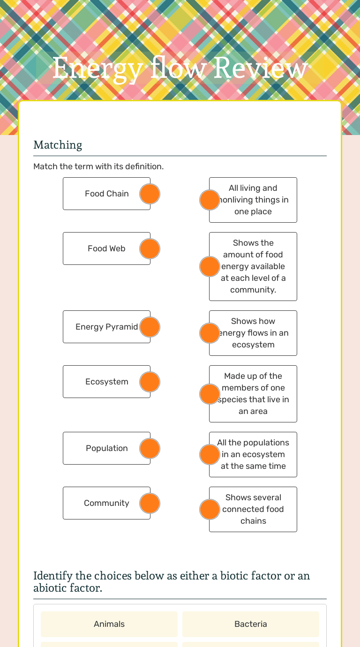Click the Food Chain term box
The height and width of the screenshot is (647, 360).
106,194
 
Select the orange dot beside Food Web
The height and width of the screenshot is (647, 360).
150,249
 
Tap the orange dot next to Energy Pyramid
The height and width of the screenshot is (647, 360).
150,327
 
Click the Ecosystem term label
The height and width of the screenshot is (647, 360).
106,382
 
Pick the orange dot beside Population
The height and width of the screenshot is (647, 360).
150,449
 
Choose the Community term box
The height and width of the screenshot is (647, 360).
106,503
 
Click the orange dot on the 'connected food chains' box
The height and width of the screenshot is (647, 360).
210,510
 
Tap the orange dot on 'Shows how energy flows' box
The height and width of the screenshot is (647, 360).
210,333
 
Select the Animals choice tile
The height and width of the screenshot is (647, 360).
109,624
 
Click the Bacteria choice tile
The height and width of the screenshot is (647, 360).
251,624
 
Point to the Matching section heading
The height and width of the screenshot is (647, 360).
58,145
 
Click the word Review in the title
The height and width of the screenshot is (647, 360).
261,68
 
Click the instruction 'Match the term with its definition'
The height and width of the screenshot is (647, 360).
98,166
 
